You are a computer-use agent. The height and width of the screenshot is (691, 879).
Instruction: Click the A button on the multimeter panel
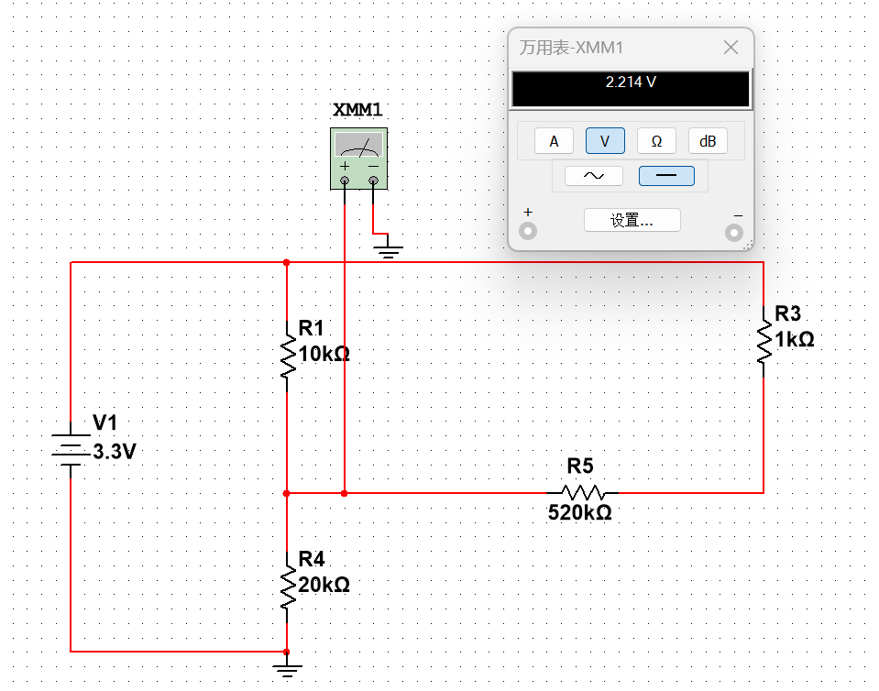(x=554, y=141)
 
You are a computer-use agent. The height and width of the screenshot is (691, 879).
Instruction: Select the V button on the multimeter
(x=605, y=141)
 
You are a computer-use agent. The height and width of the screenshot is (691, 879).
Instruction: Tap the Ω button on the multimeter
(x=656, y=141)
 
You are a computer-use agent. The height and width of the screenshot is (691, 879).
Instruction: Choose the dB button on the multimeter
(x=708, y=141)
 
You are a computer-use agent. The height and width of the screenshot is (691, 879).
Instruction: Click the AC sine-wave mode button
(x=593, y=176)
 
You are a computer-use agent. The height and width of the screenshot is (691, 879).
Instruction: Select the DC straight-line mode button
(x=666, y=176)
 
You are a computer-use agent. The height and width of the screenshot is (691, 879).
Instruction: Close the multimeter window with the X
(x=731, y=49)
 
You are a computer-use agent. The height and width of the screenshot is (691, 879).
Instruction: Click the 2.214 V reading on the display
(x=631, y=82)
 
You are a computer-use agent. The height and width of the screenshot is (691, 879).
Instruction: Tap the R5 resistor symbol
(x=583, y=493)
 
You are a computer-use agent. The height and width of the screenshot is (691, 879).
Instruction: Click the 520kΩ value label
(x=579, y=513)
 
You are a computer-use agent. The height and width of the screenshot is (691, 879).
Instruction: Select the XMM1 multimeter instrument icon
(x=358, y=159)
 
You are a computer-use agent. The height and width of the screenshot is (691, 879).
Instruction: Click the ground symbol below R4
(x=287, y=665)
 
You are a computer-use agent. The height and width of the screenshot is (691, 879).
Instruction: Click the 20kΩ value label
(x=323, y=584)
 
